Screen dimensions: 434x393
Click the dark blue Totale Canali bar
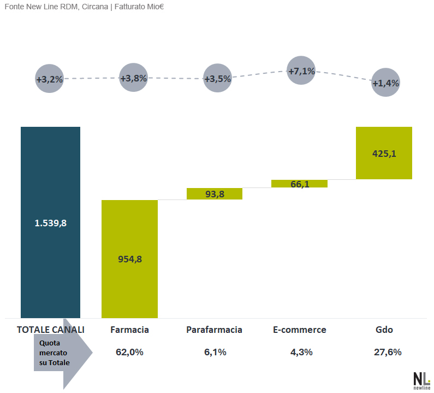point(50,222)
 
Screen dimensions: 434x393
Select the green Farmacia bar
point(129,259)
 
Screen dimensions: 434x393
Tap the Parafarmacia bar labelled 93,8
point(215,193)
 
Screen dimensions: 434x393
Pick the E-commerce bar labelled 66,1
point(300,184)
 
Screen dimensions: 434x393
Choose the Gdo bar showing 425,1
point(384,153)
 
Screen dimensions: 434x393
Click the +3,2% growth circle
point(50,79)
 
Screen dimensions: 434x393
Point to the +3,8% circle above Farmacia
point(134,78)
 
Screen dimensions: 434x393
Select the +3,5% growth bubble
point(218,78)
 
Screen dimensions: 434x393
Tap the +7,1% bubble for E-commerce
point(301,71)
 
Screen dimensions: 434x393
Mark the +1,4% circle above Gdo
point(385,83)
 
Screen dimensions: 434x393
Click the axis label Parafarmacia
point(214,330)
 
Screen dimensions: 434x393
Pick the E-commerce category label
point(300,330)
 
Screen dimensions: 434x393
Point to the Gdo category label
point(384,330)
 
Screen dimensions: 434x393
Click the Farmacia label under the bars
point(129,330)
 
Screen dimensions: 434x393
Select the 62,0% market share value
point(129,352)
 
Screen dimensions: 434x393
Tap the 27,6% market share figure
point(388,352)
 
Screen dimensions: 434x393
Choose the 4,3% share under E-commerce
point(301,352)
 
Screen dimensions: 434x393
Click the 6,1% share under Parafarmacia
point(215,352)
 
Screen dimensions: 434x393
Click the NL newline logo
point(422,381)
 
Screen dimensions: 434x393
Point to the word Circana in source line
point(95,7)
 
